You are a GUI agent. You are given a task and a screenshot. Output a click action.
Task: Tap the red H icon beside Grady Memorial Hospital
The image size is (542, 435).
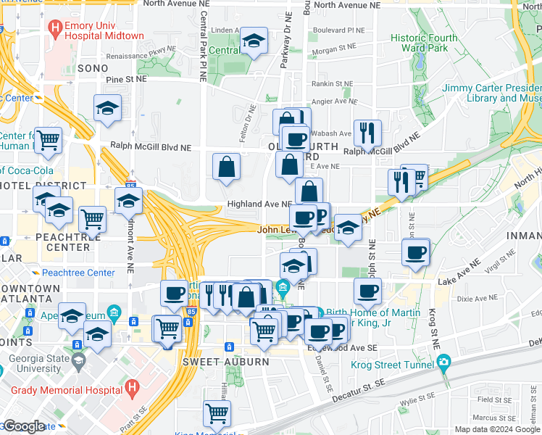tap(132, 388)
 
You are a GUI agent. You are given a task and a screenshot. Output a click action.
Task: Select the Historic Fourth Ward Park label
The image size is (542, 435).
tap(424, 43)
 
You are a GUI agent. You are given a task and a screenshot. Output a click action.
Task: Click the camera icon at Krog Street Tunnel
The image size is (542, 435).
tap(443, 362)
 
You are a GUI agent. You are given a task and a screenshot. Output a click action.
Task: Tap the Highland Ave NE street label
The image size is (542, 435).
tap(260, 204)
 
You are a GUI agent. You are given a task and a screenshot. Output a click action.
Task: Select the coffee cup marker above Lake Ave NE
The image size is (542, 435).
tap(416, 253)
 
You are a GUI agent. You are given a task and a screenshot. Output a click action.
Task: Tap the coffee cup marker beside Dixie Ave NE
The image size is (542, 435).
tap(367, 291)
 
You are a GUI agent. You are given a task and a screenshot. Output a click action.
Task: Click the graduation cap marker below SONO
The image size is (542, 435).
tap(107, 109)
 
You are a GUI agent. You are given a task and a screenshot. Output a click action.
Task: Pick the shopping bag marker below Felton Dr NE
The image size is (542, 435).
tap(226, 166)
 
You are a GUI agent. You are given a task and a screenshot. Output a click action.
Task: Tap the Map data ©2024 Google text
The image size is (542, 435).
tap(496, 429)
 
